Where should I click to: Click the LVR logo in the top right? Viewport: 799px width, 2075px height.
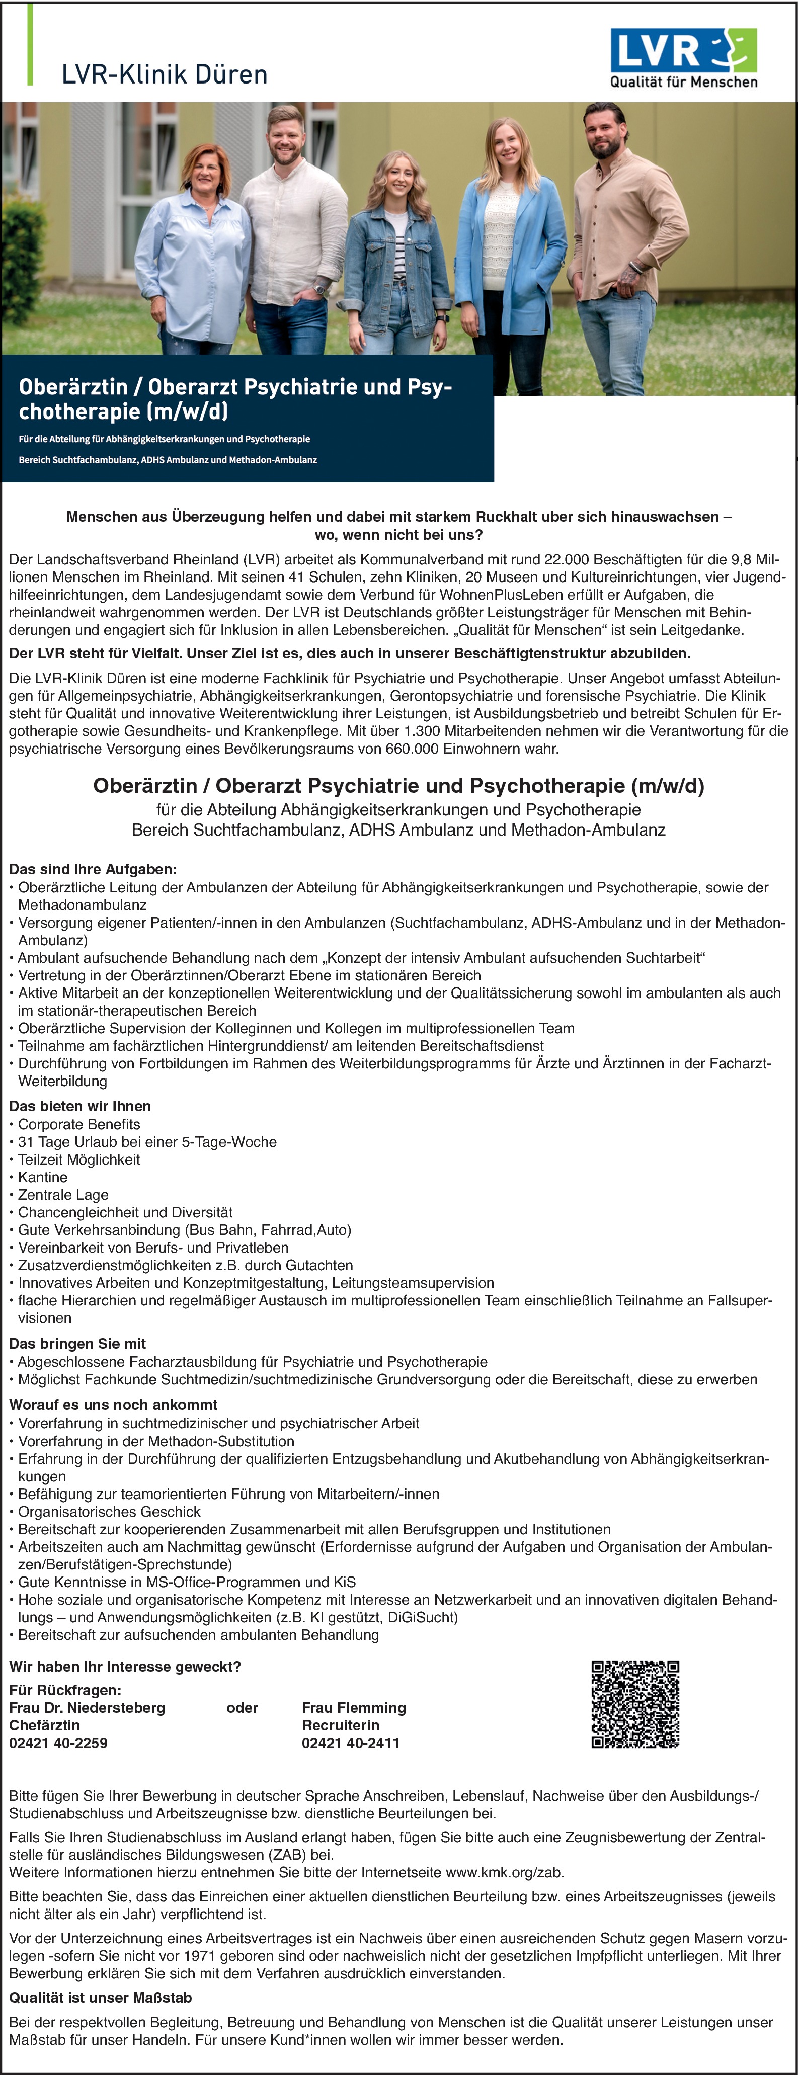683,49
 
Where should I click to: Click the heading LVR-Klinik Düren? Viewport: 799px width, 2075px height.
165,74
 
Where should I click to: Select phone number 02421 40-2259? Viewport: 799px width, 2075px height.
58,1743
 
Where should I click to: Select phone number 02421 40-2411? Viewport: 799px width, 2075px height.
350,1743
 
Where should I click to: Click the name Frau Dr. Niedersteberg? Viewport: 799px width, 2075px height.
87,1708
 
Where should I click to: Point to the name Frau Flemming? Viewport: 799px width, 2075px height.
354,1708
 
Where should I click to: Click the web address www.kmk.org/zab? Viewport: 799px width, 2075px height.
504,1872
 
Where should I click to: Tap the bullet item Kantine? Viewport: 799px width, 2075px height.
43,1177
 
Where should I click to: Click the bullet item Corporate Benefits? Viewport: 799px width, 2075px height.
79,1124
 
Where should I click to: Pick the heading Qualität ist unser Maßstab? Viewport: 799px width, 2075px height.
100,1998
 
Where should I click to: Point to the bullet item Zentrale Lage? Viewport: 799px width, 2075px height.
63,1195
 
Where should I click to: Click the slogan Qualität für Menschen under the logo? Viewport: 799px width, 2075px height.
683,81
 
